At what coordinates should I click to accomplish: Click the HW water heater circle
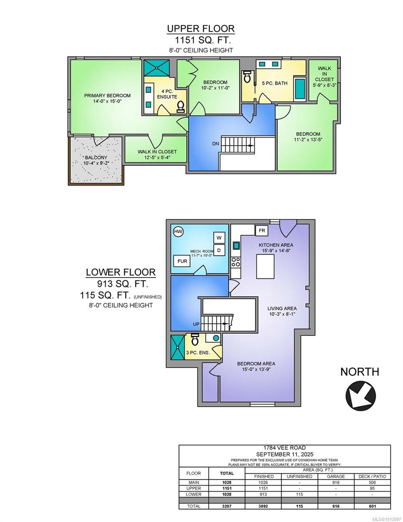(178, 232)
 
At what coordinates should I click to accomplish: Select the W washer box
(219, 238)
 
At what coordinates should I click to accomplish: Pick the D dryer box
(219, 250)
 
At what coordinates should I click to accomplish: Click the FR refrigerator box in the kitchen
(262, 230)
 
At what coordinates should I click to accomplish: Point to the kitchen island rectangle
(266, 266)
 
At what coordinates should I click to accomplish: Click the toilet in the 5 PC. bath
(247, 77)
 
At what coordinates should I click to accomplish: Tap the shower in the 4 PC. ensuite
(158, 67)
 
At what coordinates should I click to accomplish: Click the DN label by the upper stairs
(216, 144)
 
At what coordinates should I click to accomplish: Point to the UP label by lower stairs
(197, 325)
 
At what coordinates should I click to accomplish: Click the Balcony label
(96, 157)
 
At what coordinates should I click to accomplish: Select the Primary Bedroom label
(107, 96)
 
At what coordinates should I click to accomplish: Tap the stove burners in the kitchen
(236, 261)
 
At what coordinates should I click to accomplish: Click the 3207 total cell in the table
(226, 506)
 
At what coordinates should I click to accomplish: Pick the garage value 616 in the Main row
(336, 482)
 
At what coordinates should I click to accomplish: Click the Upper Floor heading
(201, 29)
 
